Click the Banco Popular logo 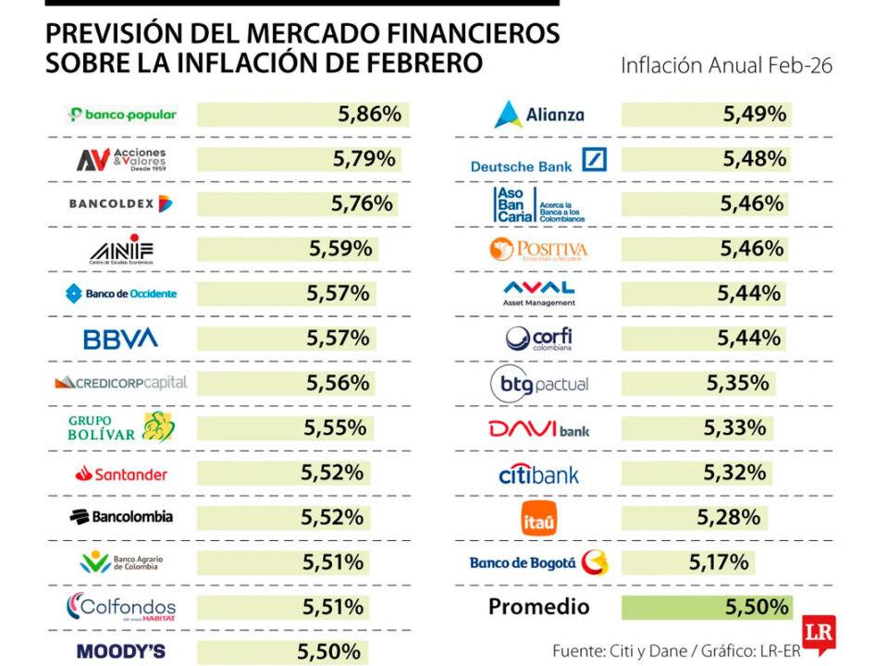coord(121,115)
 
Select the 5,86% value coord(369,115)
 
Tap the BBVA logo coord(120,339)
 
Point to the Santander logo coord(121,474)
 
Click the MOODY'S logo coord(120,651)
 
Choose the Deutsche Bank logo coord(538,160)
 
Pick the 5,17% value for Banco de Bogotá coord(718,561)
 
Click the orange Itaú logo coord(538,518)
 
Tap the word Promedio coord(538,607)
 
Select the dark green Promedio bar coord(707,607)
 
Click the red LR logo coord(819,635)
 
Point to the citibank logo coord(538,475)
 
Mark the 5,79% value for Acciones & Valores coord(364,159)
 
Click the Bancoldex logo coord(120,203)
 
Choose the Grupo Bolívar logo coord(120,426)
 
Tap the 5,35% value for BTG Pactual coord(736,384)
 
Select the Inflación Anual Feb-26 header coord(726,66)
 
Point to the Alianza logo coord(538,115)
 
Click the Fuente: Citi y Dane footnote coord(620,650)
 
